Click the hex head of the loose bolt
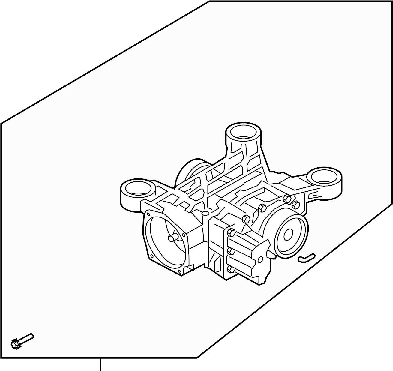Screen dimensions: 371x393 click(15, 343)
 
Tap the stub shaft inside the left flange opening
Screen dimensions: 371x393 click(173, 238)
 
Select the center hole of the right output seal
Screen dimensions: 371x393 click(288, 235)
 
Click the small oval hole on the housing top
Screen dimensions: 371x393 click(205, 213)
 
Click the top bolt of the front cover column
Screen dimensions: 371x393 click(231, 232)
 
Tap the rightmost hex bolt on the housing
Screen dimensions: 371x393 click(296, 205)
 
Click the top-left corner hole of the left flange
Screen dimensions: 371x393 click(148, 214)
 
